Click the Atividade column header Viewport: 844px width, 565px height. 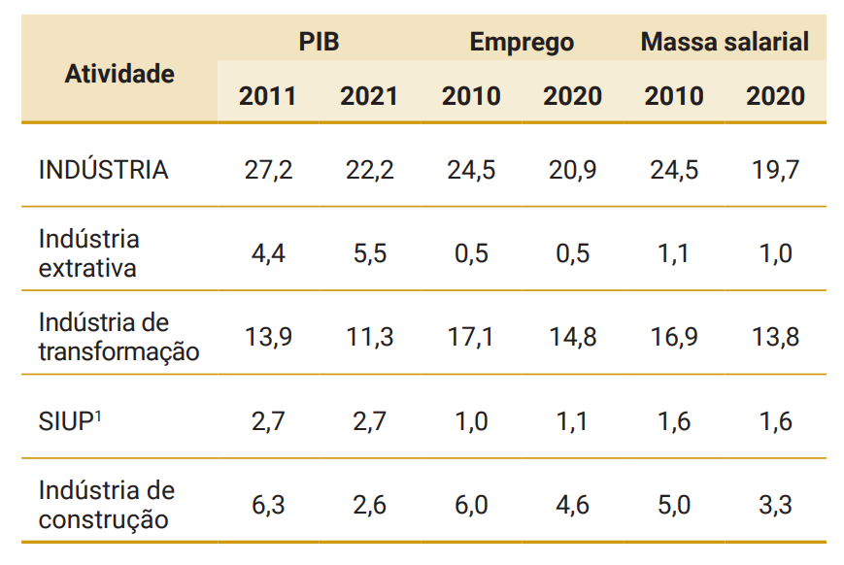coord(119,74)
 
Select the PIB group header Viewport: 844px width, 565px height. coord(319,42)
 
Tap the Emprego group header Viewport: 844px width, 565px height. coord(522,42)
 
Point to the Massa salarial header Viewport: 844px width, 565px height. coord(725,42)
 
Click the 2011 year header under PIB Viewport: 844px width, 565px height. coord(267,96)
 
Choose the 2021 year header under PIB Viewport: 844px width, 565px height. coord(369,96)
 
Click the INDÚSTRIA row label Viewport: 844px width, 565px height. coord(103,170)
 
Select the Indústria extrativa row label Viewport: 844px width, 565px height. coord(88,253)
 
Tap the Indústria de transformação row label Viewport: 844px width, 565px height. coord(118,337)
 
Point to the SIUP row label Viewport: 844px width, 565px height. coord(66,422)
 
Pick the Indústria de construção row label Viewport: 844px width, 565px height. coord(107,505)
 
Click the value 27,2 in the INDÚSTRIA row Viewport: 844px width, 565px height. coord(267,170)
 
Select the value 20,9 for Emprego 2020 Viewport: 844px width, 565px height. coord(572,170)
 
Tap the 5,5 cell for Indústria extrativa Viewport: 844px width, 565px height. coord(369,253)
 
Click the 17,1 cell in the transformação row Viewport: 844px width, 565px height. coord(471,337)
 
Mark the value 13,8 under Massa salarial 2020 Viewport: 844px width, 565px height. coord(775,337)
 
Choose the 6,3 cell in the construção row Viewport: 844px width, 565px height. coord(267,505)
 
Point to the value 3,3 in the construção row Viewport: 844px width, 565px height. coord(775,505)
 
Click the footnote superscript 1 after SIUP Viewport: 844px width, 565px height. coord(99,415)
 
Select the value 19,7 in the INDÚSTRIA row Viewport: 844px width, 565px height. coord(775,170)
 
